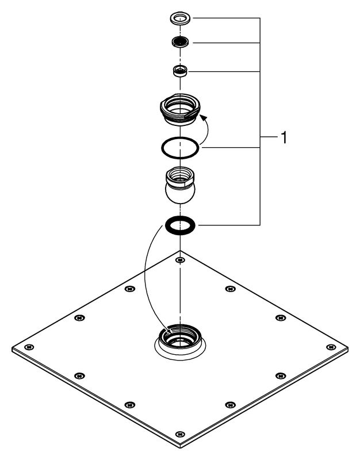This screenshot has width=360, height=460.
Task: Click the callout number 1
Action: tap(284, 137)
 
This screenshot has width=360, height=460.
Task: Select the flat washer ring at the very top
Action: tap(180, 18)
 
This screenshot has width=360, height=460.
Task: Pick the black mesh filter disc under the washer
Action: tap(180, 41)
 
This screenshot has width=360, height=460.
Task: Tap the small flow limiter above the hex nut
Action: tap(180, 71)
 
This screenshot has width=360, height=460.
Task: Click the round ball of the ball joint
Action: tap(180, 193)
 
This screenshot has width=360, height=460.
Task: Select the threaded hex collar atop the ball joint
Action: tap(180, 176)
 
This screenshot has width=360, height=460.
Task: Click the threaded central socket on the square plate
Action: tap(180, 340)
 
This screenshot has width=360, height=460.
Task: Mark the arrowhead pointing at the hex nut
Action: tap(204, 118)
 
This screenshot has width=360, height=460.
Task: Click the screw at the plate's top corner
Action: tap(180, 260)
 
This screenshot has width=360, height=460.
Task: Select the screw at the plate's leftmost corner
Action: tap(29, 347)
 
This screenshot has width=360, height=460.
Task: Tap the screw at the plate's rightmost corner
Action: tap(331, 347)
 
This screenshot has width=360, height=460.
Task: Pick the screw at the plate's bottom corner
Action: tap(180, 434)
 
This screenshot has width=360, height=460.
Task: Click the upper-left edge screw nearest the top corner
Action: tap(130, 289)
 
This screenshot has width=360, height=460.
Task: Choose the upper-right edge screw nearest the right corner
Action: tap(281, 318)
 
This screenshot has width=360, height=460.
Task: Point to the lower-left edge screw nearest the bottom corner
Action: tap(130, 405)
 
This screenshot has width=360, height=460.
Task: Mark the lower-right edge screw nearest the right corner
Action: tap(281, 376)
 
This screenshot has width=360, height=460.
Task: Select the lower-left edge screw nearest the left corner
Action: tap(79, 376)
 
